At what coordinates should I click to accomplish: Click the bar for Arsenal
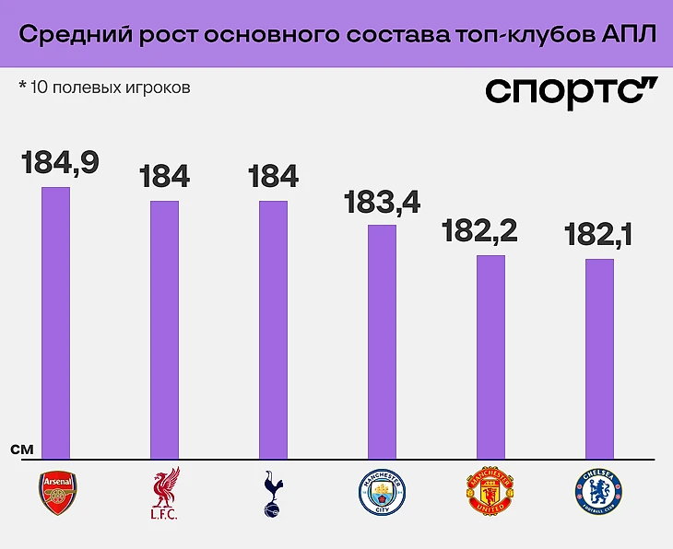coord(56,322)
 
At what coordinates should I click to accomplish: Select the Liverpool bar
coord(165,329)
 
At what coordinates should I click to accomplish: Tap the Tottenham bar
coord(273,329)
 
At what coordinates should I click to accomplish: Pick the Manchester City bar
coord(382,341)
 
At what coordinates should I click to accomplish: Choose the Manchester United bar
coord(490,356)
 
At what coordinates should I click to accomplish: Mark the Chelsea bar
coord(599,358)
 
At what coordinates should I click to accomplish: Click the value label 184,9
coord(60,162)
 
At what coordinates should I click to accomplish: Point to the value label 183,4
coord(381,202)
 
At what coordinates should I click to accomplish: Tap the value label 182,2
coord(479,231)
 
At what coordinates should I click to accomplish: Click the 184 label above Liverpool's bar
coord(165,176)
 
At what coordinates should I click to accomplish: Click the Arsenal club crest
coord(57,492)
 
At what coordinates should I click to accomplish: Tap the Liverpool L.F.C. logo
coord(166,493)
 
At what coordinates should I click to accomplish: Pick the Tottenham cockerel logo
coord(273,493)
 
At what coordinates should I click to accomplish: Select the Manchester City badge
coord(381,493)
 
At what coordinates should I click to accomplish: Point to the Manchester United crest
coord(490,493)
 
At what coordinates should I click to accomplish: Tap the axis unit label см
coord(23,450)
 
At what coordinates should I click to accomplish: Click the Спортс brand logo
coord(572,92)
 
